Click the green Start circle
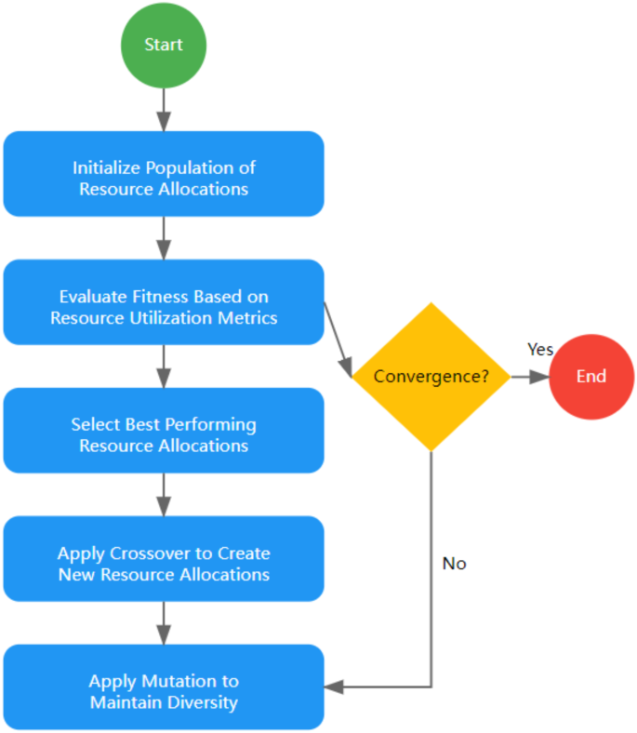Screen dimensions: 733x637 [x=164, y=45]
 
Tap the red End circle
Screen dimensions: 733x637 [x=591, y=377]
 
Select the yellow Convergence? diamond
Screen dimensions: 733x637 [x=431, y=377]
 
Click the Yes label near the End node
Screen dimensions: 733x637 [x=540, y=350]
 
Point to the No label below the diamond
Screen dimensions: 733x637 [x=454, y=564]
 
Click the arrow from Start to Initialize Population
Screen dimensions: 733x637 [x=164, y=110]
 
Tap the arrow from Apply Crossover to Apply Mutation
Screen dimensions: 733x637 [x=164, y=623]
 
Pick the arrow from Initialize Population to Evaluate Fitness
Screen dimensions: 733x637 [x=164, y=238]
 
